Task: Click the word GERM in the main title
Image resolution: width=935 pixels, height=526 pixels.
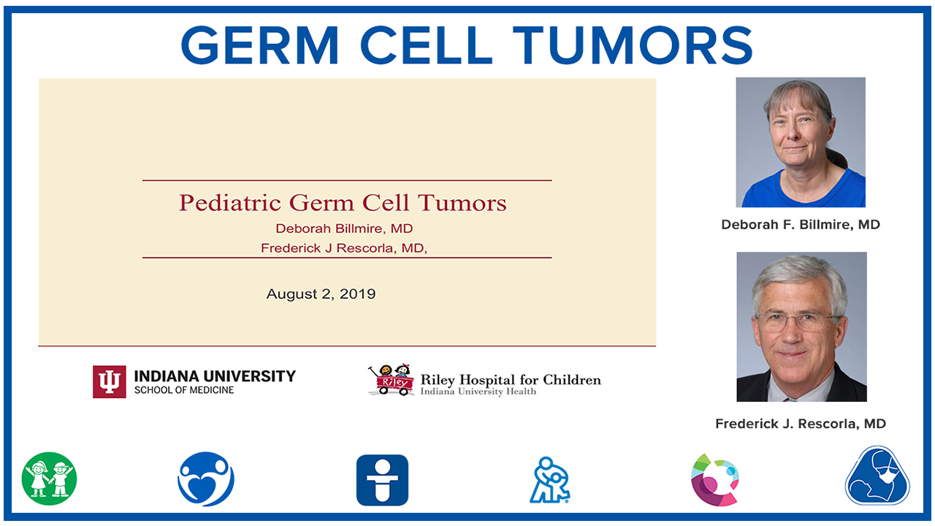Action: tap(259, 45)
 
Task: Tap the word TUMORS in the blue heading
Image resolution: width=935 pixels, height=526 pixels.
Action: tap(633, 45)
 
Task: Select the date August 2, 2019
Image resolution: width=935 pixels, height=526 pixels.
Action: tap(321, 294)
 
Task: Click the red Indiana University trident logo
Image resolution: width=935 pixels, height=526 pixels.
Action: tap(110, 381)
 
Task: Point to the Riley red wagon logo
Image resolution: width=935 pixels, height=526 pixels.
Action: tap(391, 379)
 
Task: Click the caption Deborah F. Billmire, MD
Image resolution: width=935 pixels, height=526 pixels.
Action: tap(801, 224)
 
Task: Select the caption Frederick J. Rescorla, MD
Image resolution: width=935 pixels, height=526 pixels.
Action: tap(801, 424)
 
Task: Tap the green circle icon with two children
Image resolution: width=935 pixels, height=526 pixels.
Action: tap(49, 479)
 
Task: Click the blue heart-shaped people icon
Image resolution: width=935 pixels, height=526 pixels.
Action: tap(206, 479)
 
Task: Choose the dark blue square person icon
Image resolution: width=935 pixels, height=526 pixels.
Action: tap(382, 480)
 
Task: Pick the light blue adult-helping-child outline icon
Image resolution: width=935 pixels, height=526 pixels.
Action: tap(550, 480)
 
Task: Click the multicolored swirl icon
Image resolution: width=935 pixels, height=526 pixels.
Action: tap(715, 480)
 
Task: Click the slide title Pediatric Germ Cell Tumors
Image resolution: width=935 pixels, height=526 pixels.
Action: tap(343, 203)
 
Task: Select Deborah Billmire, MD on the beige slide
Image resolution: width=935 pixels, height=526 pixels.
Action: tap(344, 229)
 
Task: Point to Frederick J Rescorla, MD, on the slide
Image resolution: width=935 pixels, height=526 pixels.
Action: tap(344, 248)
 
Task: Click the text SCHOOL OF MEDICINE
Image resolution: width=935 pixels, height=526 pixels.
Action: tap(184, 390)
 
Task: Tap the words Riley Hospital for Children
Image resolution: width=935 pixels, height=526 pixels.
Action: tap(511, 380)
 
